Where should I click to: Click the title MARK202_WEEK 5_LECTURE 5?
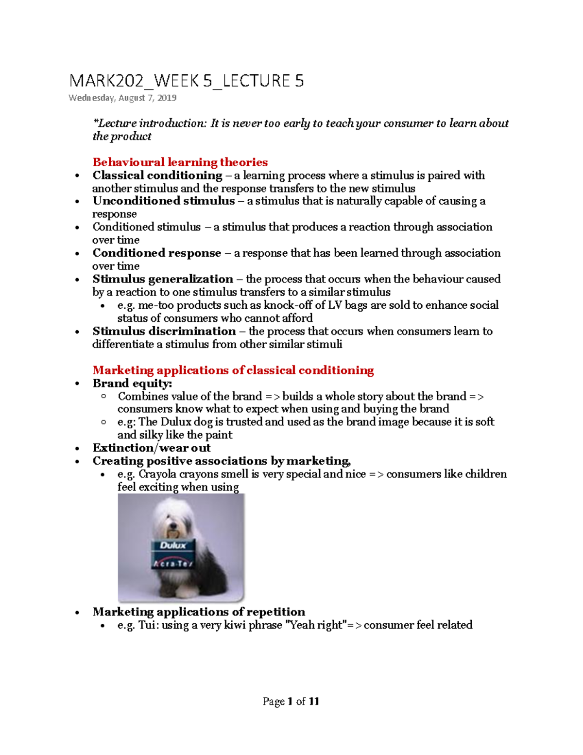tap(187, 81)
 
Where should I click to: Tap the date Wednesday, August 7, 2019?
tap(122, 98)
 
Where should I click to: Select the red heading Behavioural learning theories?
tap(180, 162)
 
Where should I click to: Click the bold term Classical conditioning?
tap(157, 176)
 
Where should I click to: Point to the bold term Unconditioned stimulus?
tap(164, 201)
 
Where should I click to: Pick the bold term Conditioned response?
tap(157, 253)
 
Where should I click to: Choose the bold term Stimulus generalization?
tap(163, 279)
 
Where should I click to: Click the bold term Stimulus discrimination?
tap(164, 331)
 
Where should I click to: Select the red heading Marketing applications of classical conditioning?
tap(233, 370)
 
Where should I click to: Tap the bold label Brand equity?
tap(132, 384)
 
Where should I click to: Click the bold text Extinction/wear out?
tap(152, 448)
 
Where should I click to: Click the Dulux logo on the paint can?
tap(173, 545)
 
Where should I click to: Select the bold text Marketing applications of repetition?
tap(199, 612)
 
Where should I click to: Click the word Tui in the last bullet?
tap(147, 625)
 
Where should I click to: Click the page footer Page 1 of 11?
tap(291, 701)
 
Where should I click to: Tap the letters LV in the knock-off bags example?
tap(335, 305)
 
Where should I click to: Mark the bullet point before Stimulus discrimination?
tap(77, 332)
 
